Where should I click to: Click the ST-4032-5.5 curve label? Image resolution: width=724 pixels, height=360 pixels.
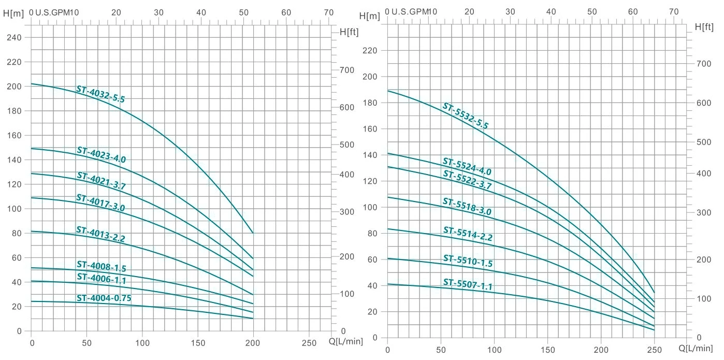click(x=100, y=94)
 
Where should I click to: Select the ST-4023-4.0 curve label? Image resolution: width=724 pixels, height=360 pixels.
click(x=101, y=155)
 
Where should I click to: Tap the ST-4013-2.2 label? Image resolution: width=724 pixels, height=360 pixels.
click(x=100, y=234)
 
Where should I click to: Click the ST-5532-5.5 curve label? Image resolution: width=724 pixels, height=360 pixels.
click(x=465, y=116)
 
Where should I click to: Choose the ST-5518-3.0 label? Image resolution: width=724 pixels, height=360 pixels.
click(x=467, y=207)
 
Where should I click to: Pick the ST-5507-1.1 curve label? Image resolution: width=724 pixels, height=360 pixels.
click(x=468, y=283)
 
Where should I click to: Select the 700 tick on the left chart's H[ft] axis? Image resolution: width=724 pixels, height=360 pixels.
click(x=346, y=70)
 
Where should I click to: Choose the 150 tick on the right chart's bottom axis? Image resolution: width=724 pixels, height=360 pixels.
click(x=548, y=349)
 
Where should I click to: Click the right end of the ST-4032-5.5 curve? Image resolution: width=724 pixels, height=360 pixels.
click(x=253, y=233)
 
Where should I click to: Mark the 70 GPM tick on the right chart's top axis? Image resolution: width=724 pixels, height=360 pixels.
click(x=673, y=11)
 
